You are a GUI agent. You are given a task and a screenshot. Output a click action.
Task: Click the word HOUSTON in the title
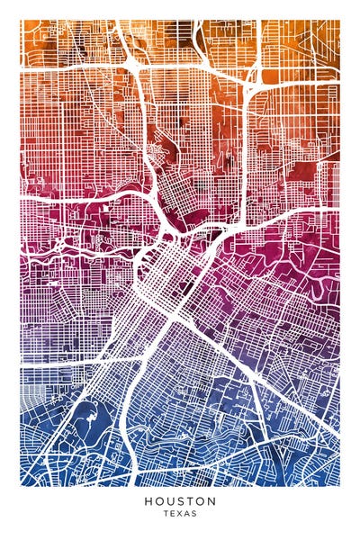point(179,500)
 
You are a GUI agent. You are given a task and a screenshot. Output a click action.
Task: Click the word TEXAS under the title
point(179,514)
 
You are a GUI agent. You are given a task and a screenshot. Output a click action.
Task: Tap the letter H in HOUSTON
point(147,500)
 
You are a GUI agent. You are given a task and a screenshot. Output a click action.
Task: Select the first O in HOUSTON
point(157,500)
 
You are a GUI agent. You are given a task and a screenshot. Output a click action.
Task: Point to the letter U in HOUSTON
point(169,500)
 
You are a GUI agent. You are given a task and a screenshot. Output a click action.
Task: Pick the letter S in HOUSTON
point(180,500)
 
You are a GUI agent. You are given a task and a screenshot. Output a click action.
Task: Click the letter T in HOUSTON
point(190,500)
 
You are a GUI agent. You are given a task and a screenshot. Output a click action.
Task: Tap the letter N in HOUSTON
point(211,500)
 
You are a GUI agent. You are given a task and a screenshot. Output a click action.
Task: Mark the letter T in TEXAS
point(166,514)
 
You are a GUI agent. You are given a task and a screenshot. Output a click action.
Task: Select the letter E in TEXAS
point(172,514)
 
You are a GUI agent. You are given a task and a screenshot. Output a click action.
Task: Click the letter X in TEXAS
point(179,514)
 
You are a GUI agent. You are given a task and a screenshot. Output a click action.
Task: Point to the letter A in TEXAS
point(186,514)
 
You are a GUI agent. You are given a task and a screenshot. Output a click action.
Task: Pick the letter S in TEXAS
point(193,514)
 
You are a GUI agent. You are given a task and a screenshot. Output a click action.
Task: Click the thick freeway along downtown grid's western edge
point(144,261)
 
